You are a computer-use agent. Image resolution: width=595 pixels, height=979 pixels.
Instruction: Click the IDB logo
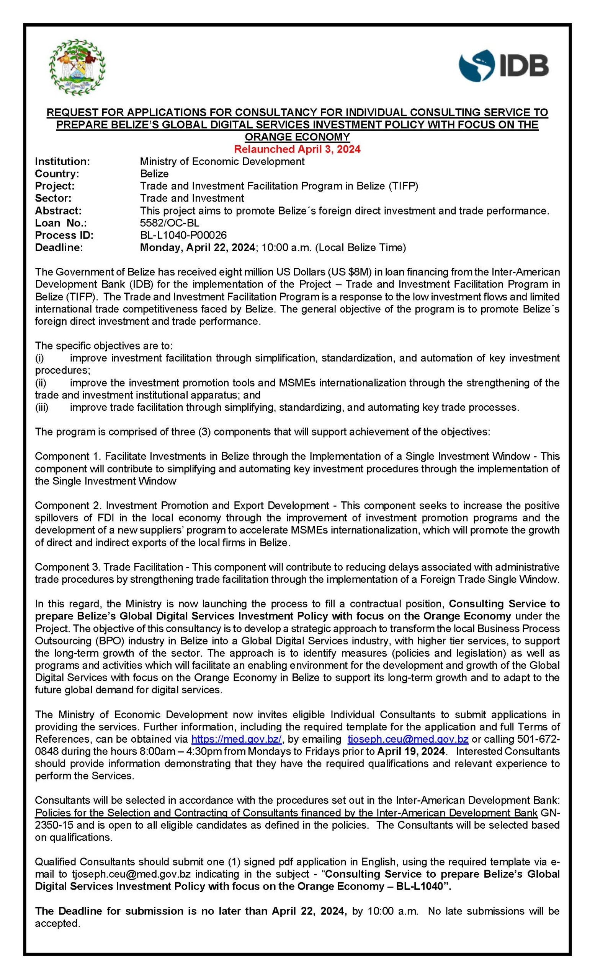503,65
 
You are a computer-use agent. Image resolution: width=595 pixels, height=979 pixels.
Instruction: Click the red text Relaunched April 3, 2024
297,150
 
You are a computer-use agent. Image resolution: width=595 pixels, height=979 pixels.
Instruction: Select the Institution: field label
62,161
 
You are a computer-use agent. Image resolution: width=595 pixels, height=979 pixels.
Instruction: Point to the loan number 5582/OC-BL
170,223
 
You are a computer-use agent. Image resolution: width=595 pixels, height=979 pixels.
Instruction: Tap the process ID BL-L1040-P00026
183,235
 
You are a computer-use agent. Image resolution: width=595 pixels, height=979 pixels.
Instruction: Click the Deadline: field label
59,247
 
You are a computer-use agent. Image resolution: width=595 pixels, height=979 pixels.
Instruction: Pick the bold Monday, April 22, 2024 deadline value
197,247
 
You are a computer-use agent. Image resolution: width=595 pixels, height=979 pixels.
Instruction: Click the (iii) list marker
42,407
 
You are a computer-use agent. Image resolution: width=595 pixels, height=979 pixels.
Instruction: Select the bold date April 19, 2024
411,751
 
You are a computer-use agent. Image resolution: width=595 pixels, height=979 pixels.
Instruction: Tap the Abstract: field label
58,211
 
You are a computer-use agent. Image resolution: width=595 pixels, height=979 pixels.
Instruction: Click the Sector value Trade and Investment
192,198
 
